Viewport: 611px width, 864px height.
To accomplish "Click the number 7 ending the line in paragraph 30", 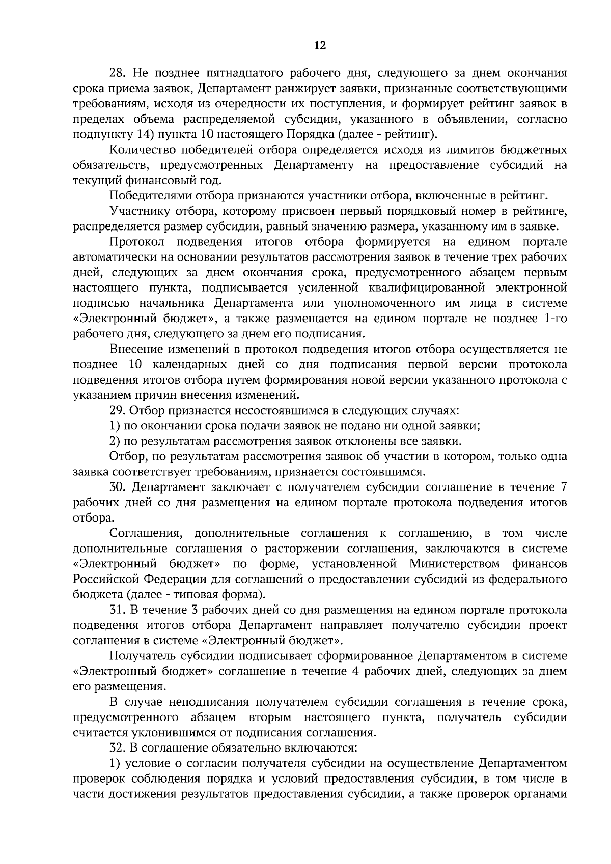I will (x=563, y=487).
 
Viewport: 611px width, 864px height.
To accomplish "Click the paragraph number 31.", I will (x=118, y=610).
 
